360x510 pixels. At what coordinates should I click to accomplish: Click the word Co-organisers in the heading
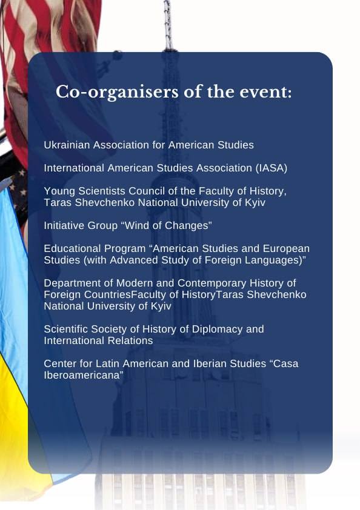pos(117,93)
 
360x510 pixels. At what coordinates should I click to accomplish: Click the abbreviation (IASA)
pos(272,168)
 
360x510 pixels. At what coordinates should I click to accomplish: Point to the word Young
pos(59,191)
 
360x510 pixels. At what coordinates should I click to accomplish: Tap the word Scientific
pos(65,329)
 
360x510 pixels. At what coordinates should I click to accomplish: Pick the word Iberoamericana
pos(84,376)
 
